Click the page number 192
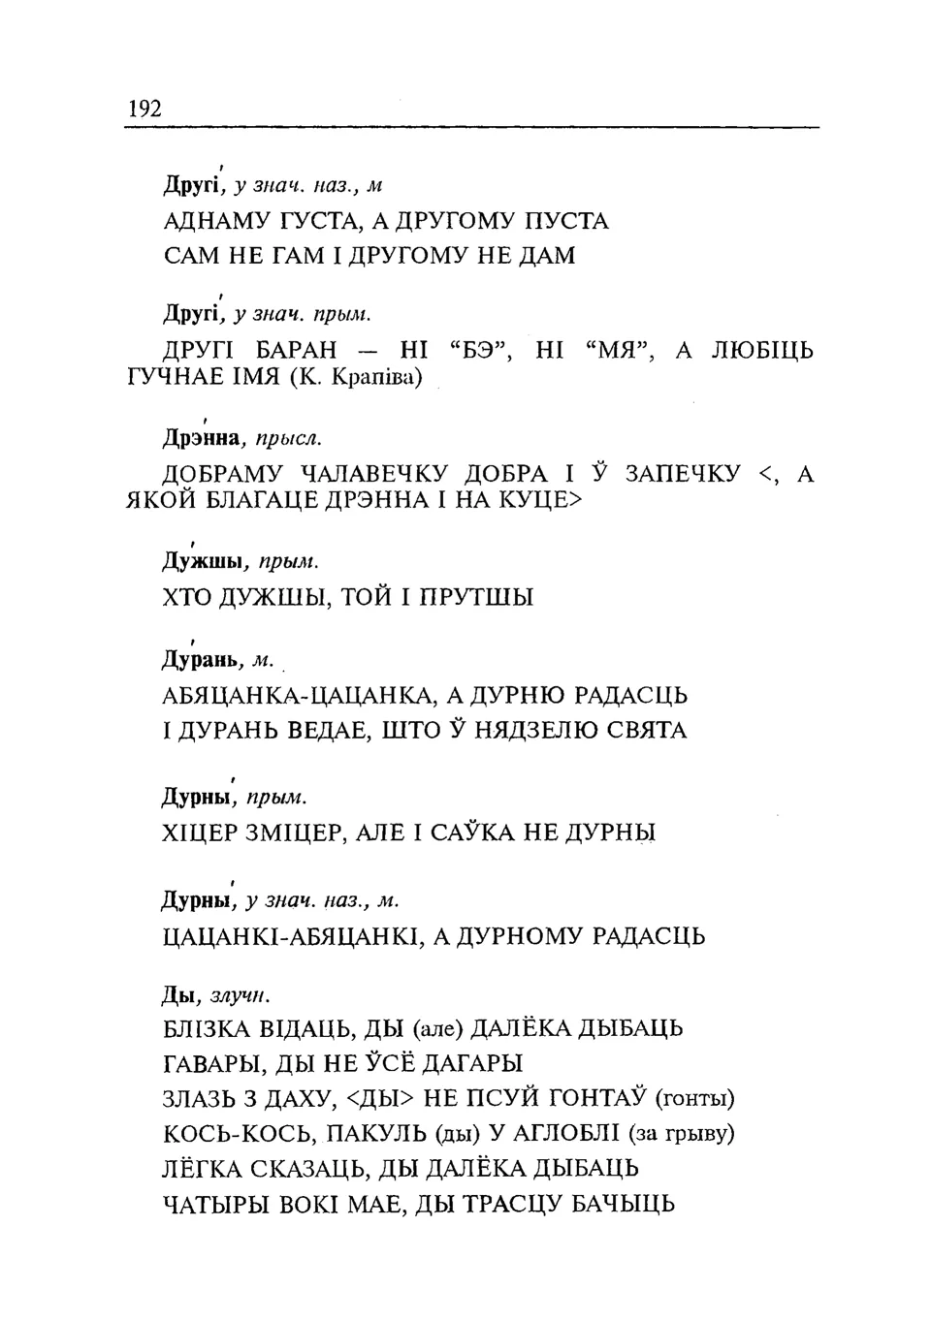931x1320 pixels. pyautogui.click(x=144, y=108)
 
